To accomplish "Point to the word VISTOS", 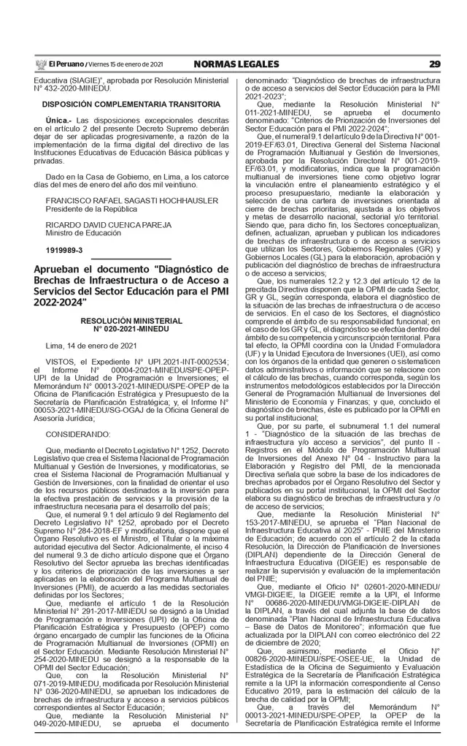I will [59, 362].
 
